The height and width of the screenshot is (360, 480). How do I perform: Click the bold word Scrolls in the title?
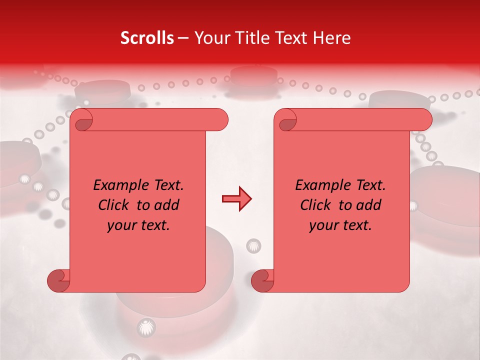(x=147, y=38)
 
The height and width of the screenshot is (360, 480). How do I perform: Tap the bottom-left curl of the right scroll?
(x=263, y=281)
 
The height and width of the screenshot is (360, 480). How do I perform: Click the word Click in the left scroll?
(x=114, y=205)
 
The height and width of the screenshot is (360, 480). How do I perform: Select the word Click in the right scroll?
(x=315, y=205)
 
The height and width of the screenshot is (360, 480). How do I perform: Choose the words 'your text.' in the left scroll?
(x=138, y=225)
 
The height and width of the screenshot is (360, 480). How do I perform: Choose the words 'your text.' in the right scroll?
(x=340, y=225)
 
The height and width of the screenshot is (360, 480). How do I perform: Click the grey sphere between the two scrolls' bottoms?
(x=253, y=245)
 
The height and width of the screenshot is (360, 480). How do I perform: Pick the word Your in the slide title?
(x=211, y=38)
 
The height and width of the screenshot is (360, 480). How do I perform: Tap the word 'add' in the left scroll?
(x=166, y=205)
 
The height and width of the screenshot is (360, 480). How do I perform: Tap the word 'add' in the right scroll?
(x=368, y=205)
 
